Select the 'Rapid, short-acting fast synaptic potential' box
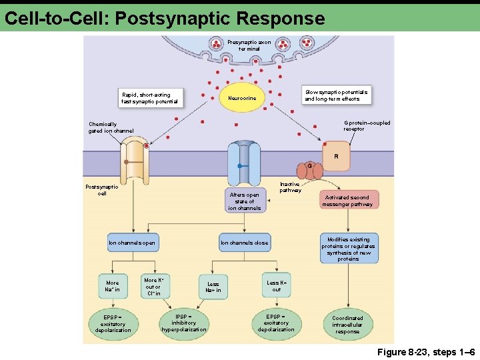[x=150, y=98]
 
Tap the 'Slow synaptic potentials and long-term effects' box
[x=336, y=95]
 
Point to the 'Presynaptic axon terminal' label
[x=249, y=45]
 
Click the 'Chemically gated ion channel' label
[x=111, y=127]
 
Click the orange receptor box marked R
[x=336, y=157]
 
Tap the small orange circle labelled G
[x=309, y=165]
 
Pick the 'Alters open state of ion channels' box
[x=245, y=201]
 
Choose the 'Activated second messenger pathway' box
[x=347, y=201]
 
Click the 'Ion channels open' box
[x=132, y=243]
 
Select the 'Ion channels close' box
[x=244, y=243]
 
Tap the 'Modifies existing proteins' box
[x=348, y=249]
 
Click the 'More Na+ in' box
[x=113, y=286]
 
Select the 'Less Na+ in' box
[x=213, y=287]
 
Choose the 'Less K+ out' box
[x=277, y=285]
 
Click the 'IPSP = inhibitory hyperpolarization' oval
[x=184, y=323]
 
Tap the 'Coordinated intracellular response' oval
[x=347, y=325]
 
